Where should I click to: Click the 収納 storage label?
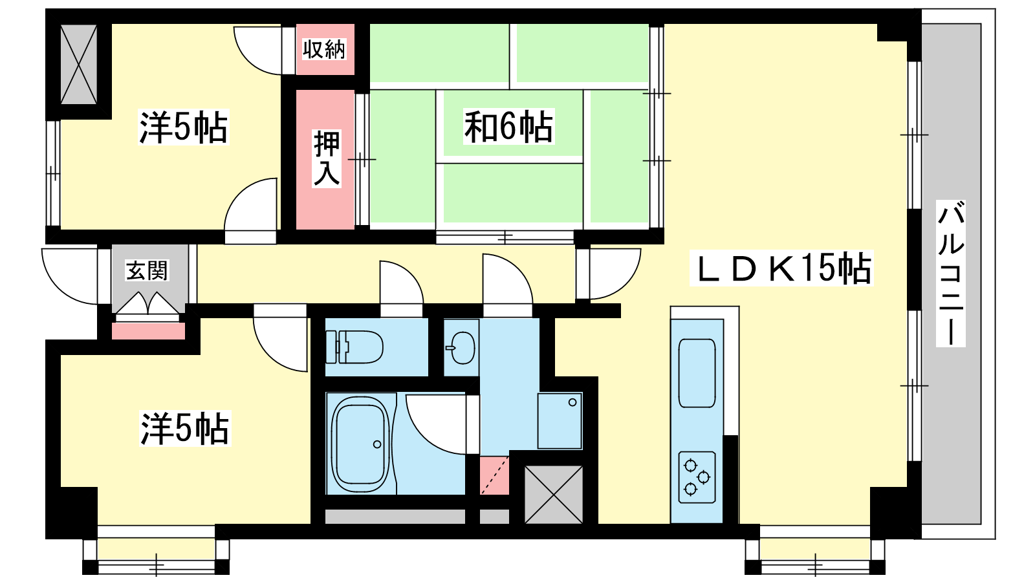324,49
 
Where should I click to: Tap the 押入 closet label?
327,158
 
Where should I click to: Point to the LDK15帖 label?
781,268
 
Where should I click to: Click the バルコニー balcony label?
951,274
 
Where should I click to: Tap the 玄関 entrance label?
147,271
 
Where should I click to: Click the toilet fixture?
354,347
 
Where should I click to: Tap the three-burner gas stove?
697,477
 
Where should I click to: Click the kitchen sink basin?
697,373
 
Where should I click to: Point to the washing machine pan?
560,421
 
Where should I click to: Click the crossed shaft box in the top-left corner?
79,64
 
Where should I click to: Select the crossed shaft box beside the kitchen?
554,495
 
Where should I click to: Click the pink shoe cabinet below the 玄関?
148,331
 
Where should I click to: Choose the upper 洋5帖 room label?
184,127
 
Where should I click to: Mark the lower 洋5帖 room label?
185,429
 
